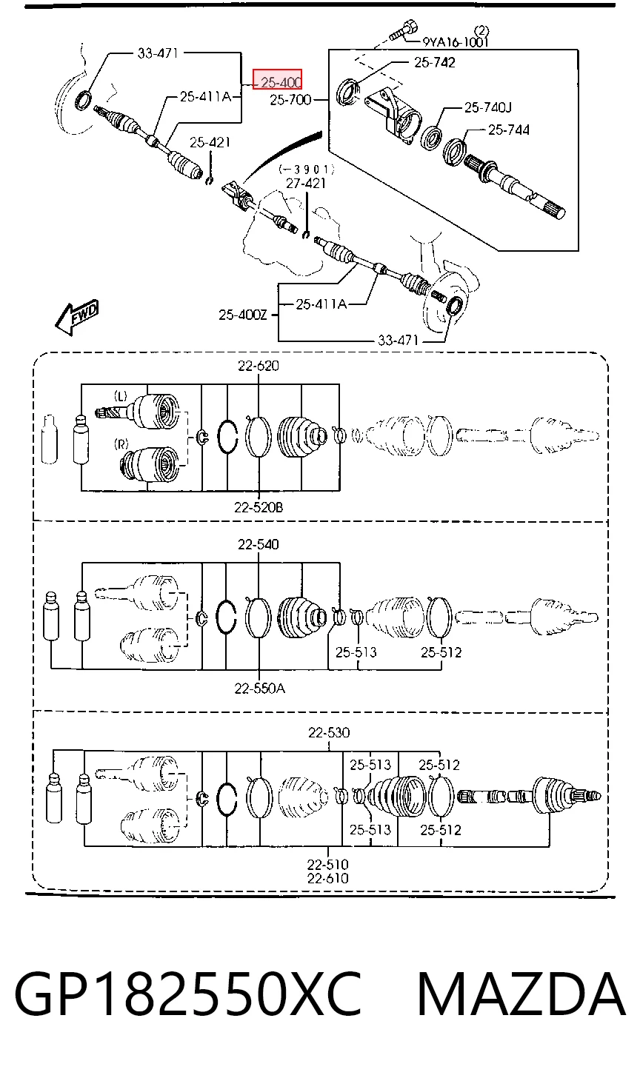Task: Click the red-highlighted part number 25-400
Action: (x=281, y=82)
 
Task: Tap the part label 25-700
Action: (x=290, y=100)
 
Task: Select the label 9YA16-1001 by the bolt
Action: (x=456, y=42)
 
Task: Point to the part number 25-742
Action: (x=434, y=62)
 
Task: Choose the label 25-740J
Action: (x=487, y=107)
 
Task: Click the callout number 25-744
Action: (x=509, y=130)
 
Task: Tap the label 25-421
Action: (x=210, y=142)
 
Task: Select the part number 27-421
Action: (x=306, y=184)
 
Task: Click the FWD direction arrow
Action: (x=77, y=317)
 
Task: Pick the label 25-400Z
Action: (x=242, y=315)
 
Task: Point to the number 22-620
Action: (x=259, y=366)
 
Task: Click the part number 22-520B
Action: (x=259, y=507)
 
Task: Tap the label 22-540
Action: (x=259, y=544)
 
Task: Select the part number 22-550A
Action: (x=259, y=689)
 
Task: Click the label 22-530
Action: (x=329, y=732)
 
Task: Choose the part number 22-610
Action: (x=328, y=878)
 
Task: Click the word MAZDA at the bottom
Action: (x=521, y=994)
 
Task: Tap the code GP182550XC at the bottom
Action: (x=188, y=994)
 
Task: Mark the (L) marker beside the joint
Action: (x=121, y=396)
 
